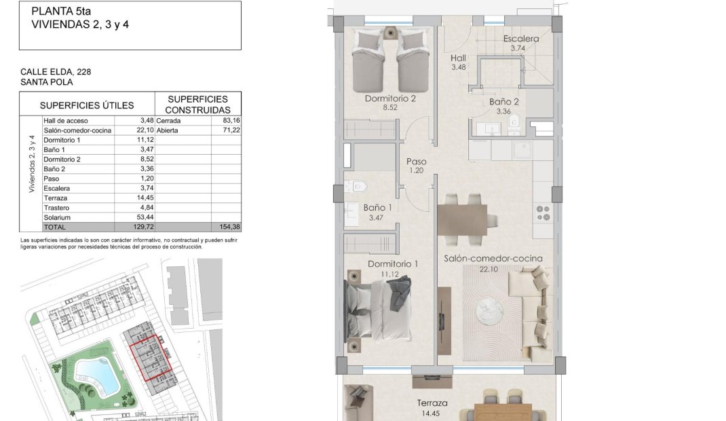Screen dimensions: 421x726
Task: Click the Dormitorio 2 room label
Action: [389, 98]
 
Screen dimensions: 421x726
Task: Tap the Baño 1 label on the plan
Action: [377, 208]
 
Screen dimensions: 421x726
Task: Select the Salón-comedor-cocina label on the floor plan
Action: [493, 259]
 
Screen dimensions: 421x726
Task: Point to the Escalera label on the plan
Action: [521, 39]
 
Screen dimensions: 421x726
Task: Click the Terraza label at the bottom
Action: [432, 403]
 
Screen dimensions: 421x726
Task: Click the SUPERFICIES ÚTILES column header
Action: [87, 105]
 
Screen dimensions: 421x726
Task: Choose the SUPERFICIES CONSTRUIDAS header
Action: [197, 105]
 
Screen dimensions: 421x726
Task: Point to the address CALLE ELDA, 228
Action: [56, 71]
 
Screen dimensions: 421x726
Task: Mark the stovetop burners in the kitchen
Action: [543, 213]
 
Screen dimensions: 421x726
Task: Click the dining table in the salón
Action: [461, 219]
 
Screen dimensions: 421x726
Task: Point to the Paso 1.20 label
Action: [417, 166]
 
